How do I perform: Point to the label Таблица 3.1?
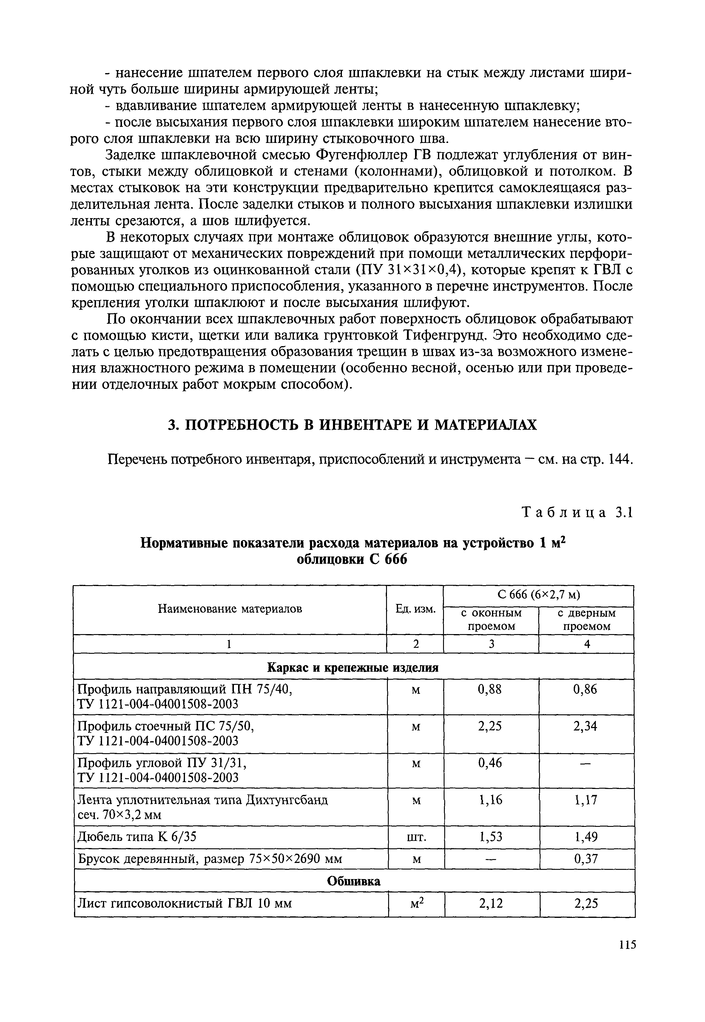tap(577, 512)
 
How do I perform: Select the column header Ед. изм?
tap(415, 610)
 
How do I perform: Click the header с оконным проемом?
tap(491, 620)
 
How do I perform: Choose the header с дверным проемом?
tap(587, 620)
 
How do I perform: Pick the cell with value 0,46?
tap(490, 763)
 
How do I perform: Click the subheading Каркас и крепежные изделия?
tap(353, 668)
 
